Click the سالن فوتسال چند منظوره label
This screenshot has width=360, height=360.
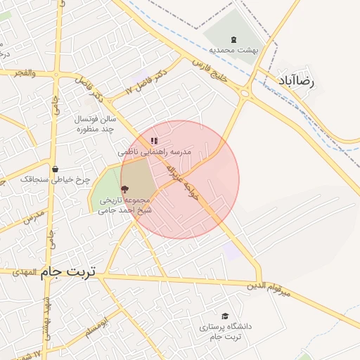click(x=97, y=124)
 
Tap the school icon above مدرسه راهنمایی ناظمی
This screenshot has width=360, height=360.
click(x=154, y=141)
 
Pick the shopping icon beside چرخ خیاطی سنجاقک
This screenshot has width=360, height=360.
click(x=55, y=169)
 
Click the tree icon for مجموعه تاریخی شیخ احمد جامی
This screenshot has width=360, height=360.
click(x=124, y=188)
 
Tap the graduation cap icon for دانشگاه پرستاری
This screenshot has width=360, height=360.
click(x=225, y=316)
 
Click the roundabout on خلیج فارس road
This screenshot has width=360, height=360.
click(x=245, y=94)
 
